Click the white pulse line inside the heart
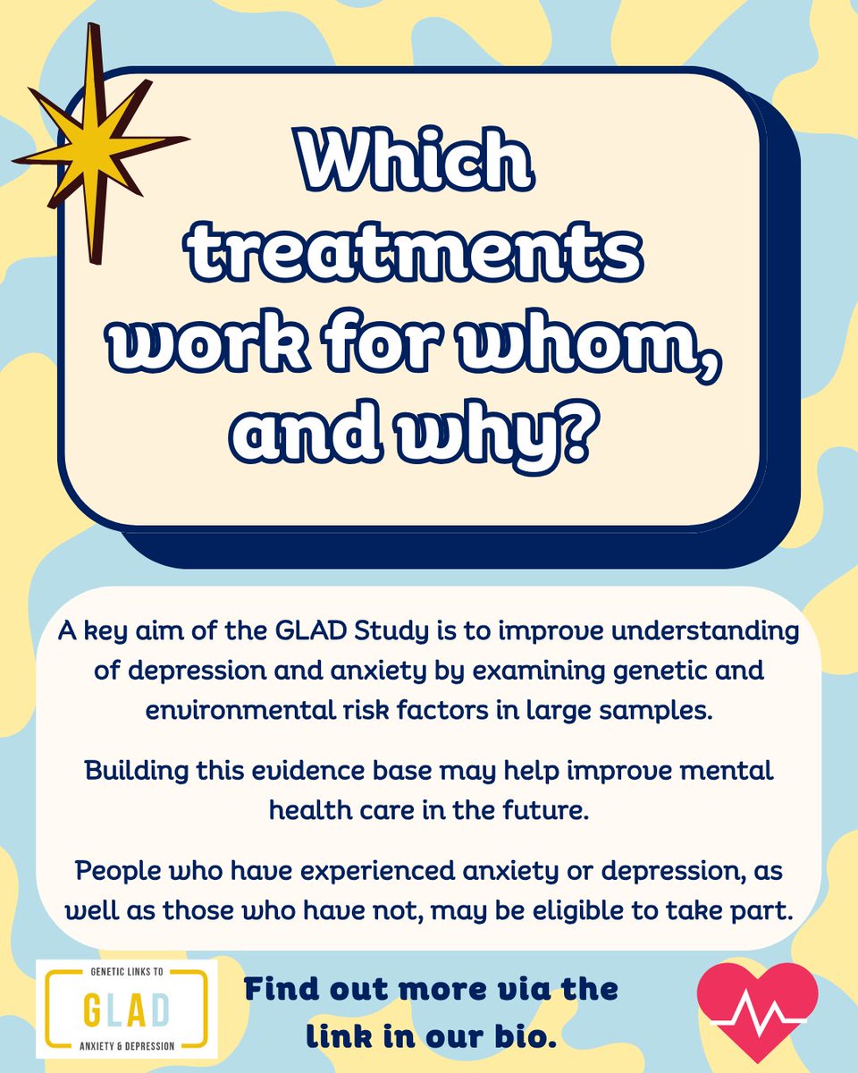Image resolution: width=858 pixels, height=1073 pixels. [756, 1016]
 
